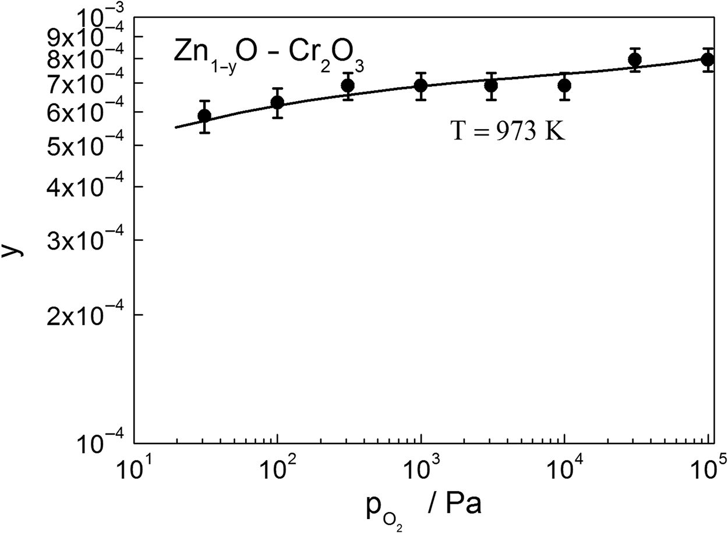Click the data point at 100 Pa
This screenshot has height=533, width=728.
[x=277, y=103]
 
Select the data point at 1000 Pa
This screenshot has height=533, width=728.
[x=420, y=86]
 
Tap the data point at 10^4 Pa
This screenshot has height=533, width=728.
[x=564, y=86]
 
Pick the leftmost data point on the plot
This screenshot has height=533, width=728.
[x=204, y=116]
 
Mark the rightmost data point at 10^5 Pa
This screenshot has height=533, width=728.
[x=708, y=59]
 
